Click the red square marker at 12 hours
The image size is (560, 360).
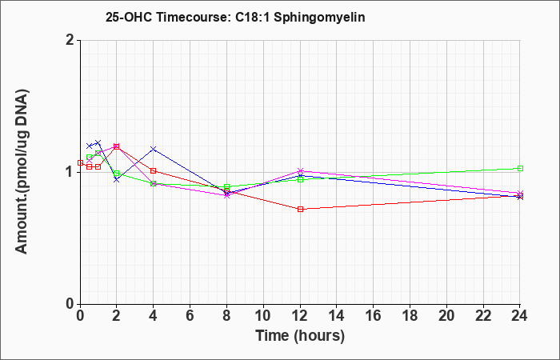[x=300, y=210]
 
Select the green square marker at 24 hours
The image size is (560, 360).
[x=520, y=169]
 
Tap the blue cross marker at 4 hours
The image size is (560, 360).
[x=154, y=149]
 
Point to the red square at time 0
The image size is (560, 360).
[x=80, y=163]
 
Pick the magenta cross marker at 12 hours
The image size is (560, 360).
[x=300, y=171]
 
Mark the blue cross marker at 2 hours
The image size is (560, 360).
[x=117, y=180]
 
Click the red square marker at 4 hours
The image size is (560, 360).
[x=154, y=171]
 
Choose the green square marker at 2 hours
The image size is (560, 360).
[x=117, y=174]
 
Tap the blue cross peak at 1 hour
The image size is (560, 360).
[x=98, y=143]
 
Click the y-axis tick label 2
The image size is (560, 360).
[x=70, y=40]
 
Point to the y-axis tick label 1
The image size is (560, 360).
[x=70, y=172]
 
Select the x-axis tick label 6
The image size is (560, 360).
[x=190, y=316]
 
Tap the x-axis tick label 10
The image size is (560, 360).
[x=263, y=316]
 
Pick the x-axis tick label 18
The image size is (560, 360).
[x=410, y=316]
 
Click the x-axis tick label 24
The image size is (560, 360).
[x=519, y=316]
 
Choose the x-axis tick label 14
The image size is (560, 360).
[x=337, y=316]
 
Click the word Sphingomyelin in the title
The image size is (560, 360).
[x=319, y=18]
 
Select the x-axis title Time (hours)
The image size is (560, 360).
[x=300, y=336]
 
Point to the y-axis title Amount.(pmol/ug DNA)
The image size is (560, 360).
[x=22, y=171]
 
